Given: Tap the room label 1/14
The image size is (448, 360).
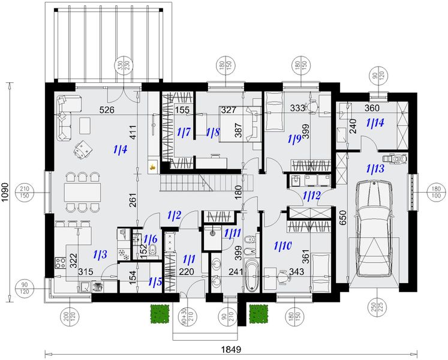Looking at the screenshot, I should coord(375,123).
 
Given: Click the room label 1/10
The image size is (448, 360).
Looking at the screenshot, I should coord(282,245).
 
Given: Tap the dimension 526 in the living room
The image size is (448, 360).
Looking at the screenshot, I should coord(107,109).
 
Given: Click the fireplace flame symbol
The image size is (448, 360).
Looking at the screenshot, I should coord(152,167).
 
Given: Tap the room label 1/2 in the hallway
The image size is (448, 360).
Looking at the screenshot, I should coord(175,214).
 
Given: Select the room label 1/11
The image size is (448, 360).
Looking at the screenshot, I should coord(232,234).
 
